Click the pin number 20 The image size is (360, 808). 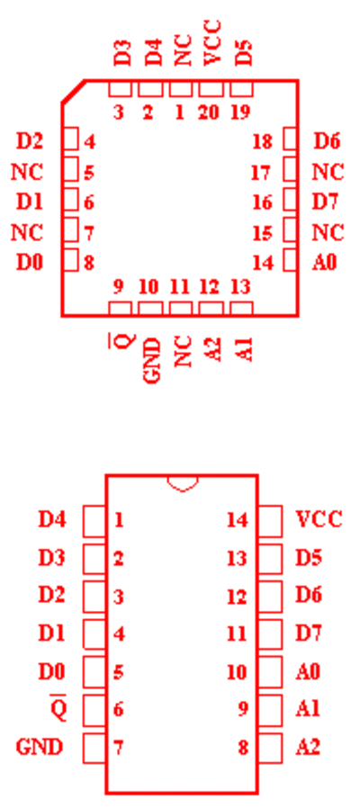click(209, 112)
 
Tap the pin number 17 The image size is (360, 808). click(262, 173)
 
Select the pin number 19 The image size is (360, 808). click(240, 112)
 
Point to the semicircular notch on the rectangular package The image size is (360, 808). click(182, 484)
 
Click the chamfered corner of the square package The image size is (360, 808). click(73, 92)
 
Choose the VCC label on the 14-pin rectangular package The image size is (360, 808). click(319, 519)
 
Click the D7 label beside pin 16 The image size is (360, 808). click(327, 202)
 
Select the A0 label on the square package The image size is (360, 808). click(324, 263)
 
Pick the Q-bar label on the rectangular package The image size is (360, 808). click(58, 708)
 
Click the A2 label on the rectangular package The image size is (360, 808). click(308, 747)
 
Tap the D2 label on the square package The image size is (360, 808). click(30, 141)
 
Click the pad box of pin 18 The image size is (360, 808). click(291, 139)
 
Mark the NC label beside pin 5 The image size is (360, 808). click(27, 172)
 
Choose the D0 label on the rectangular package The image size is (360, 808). click(51, 671)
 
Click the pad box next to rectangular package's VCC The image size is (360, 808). click(270, 521)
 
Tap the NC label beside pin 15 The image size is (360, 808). click(328, 233)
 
